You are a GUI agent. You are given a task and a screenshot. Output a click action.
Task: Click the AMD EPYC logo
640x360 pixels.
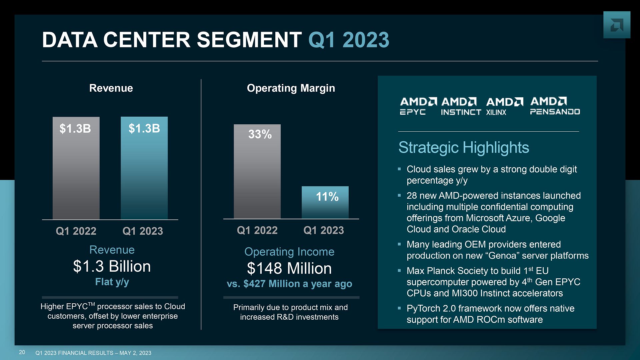pos(418,106)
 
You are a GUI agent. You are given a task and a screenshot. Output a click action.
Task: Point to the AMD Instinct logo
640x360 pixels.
pos(461,106)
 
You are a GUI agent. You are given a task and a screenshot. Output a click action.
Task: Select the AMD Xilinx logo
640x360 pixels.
pos(504,106)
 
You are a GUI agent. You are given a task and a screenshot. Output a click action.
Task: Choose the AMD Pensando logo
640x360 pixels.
pos(555,106)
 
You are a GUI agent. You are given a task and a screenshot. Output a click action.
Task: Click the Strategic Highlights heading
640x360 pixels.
pos(464,148)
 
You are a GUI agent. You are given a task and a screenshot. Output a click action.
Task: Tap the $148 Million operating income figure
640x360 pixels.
pos(289,268)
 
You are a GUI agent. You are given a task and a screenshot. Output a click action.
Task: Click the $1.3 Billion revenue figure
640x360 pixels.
pos(112,266)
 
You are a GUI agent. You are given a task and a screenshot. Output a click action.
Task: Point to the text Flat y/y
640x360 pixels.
pos(112,282)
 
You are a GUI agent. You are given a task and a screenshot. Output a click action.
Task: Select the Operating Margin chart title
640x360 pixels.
pos(291,88)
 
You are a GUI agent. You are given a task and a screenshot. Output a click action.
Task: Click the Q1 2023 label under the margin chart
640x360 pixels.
pos(324,230)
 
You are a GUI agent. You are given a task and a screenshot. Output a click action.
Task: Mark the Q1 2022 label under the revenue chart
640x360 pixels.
pos(76,231)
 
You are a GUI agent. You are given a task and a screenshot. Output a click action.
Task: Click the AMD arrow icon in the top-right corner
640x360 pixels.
pos(617,25)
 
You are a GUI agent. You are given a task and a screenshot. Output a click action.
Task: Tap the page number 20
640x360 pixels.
pos(22,352)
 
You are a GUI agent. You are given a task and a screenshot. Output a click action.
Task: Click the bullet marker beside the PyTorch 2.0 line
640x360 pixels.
pos(399,308)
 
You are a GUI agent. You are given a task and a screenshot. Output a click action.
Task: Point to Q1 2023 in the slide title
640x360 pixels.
pos(349,40)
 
